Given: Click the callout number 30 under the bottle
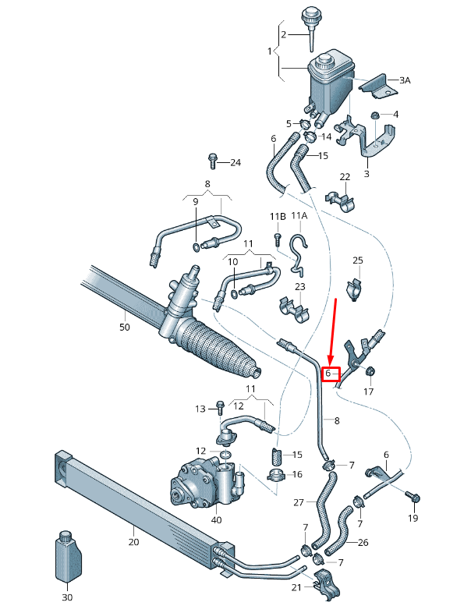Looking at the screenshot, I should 66,597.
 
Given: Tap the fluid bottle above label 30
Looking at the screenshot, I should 66,556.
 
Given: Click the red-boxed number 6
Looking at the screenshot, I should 332,374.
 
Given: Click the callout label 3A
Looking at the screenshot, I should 405,80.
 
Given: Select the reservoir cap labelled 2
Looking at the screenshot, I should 310,21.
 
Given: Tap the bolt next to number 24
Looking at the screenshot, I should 212,161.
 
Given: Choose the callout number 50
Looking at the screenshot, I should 125,328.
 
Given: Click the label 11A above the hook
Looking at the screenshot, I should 299,215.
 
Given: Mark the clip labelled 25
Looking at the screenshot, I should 355,288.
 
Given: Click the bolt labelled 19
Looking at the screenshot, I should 413,497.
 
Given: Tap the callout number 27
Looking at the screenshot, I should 299,503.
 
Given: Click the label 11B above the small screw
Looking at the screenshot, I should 276,215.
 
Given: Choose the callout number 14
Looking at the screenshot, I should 326,136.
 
